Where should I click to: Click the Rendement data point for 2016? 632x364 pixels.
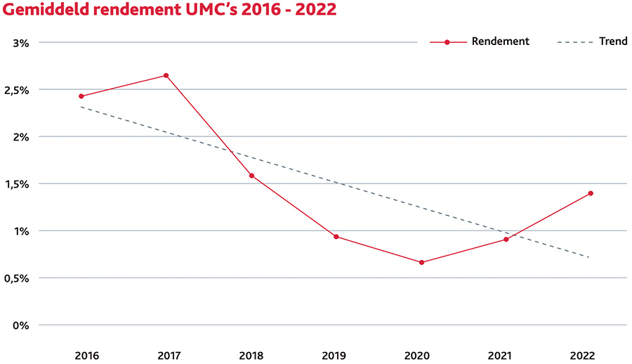(x=81, y=96)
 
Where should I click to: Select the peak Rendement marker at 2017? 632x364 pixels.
(x=166, y=75)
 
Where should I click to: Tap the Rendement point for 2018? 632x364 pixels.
(x=251, y=176)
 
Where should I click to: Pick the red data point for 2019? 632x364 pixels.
(x=336, y=237)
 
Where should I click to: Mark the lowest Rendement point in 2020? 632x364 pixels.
(x=421, y=263)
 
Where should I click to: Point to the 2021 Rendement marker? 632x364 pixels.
(x=506, y=240)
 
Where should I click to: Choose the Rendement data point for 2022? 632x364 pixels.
(x=591, y=193)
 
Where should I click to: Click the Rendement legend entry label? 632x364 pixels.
(x=500, y=41)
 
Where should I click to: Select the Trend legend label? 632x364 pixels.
(x=613, y=41)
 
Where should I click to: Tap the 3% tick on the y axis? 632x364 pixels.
(x=20, y=43)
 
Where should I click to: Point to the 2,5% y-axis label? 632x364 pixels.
(x=17, y=90)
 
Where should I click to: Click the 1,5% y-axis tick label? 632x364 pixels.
(x=17, y=184)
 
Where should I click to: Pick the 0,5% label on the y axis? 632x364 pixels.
(x=17, y=278)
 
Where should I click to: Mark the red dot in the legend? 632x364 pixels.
(x=447, y=42)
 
